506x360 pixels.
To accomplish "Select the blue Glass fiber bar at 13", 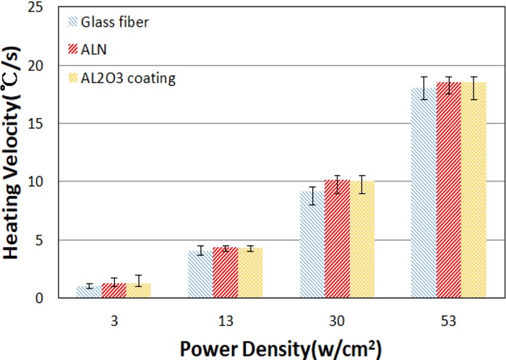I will [x=200, y=275].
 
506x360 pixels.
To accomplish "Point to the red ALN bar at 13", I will [x=225, y=273].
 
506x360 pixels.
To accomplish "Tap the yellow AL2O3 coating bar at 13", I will [x=250, y=273].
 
